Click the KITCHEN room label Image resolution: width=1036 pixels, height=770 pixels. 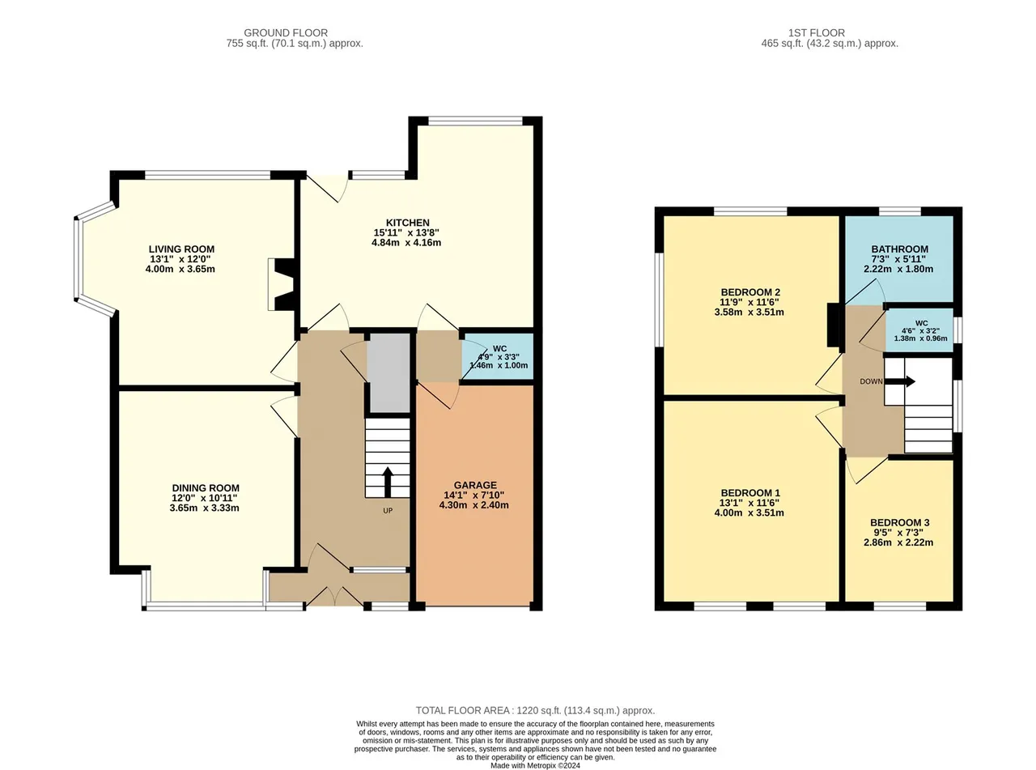(407, 223)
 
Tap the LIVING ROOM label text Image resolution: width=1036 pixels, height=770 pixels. (181, 249)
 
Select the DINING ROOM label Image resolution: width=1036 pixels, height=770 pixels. (206, 487)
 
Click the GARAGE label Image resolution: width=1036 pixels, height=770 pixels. (475, 485)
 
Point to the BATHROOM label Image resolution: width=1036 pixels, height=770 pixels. (899, 249)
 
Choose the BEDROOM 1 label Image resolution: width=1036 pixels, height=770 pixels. (750, 492)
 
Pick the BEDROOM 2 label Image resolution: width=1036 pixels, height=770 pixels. (750, 292)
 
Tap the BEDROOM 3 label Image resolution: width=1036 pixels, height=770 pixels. (899, 522)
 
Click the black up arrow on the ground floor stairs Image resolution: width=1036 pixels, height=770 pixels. (388, 482)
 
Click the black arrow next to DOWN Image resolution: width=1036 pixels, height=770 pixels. (900, 381)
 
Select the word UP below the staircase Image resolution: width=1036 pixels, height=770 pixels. (388, 511)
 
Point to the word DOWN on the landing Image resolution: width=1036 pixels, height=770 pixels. (871, 381)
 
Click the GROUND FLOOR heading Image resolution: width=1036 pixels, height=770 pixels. (286, 32)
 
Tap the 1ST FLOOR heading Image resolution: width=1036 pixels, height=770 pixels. (817, 32)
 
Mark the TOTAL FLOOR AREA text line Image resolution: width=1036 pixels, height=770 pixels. (535, 710)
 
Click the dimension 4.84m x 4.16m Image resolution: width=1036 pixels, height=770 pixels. (406, 242)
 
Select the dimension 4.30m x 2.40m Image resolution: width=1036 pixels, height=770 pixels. (474, 504)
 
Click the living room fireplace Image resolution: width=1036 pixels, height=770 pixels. (281, 284)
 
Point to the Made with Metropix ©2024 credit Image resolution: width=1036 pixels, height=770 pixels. (535, 765)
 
